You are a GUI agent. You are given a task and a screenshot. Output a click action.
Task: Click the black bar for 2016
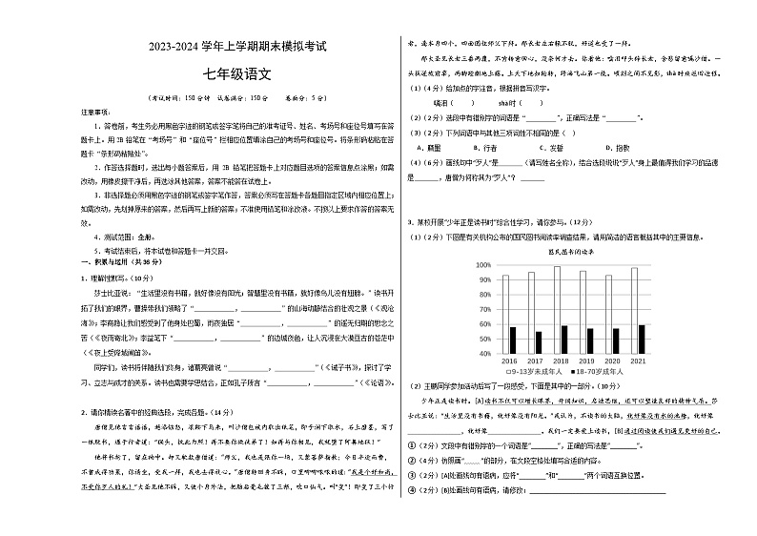pos(513,340)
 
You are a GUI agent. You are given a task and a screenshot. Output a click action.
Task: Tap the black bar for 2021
pos(641,340)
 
